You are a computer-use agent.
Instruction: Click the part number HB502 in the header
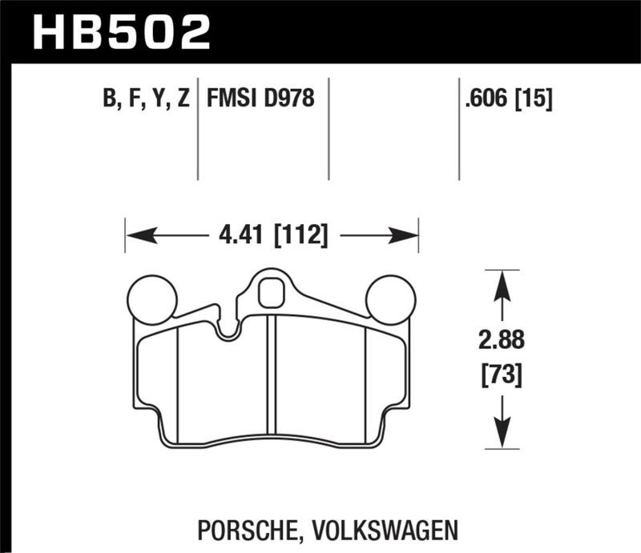click(121, 31)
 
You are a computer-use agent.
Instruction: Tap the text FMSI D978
click(260, 99)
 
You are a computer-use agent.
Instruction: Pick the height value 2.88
click(501, 340)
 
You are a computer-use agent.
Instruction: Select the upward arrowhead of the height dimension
click(501, 284)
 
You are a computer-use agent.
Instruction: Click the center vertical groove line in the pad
click(275, 376)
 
